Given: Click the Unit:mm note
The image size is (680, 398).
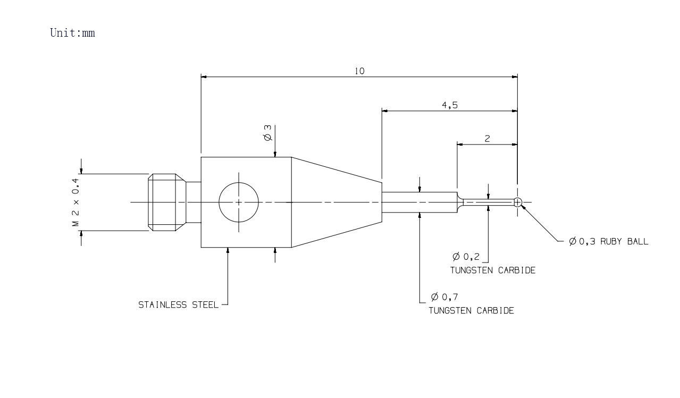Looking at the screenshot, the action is click(x=72, y=33).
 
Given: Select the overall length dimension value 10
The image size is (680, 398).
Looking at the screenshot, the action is click(x=360, y=71).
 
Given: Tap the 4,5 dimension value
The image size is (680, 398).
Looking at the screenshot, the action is click(x=450, y=105).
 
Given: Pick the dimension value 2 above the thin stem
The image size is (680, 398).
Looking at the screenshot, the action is click(x=487, y=139).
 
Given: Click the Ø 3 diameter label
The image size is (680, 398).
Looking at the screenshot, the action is click(x=268, y=133).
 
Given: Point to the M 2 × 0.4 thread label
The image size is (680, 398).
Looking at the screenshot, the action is click(x=75, y=202).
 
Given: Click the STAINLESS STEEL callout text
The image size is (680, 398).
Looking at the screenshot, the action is click(x=178, y=304).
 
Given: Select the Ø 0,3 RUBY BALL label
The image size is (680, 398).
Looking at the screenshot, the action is click(x=609, y=241).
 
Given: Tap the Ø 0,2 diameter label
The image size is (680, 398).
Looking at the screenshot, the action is click(x=466, y=257).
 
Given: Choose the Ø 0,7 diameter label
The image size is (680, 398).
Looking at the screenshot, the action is click(x=444, y=297).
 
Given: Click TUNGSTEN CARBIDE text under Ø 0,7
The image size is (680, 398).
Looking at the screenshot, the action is click(x=471, y=311).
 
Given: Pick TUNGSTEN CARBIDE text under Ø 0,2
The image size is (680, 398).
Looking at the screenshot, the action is click(x=493, y=270).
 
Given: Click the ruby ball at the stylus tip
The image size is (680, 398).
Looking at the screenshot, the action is click(x=518, y=202).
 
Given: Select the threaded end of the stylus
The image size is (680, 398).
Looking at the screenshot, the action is click(x=167, y=202).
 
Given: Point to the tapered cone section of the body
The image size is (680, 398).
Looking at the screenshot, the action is click(x=337, y=202).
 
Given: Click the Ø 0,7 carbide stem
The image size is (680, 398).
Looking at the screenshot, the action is click(x=419, y=202).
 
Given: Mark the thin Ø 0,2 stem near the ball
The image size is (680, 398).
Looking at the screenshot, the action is click(x=489, y=202).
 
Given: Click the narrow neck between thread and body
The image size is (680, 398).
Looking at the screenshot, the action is click(x=194, y=202).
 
